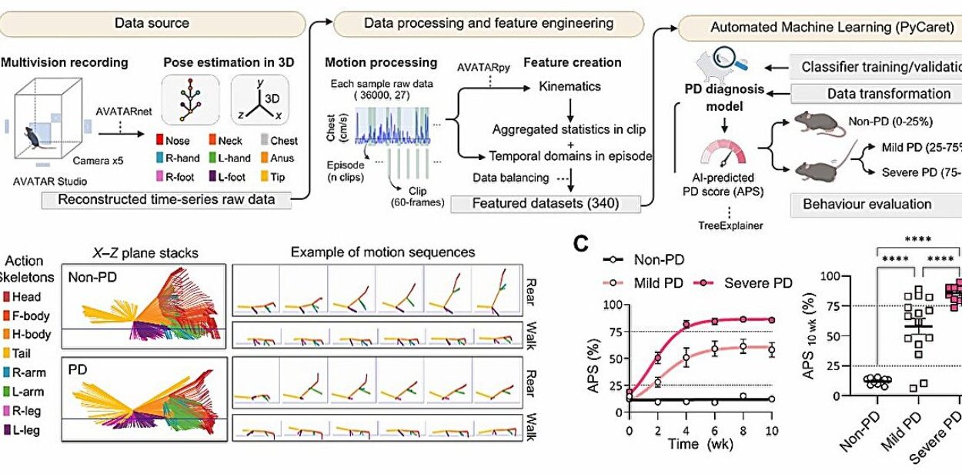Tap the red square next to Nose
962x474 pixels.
161,141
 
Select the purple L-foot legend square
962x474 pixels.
223,176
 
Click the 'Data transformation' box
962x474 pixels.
877,94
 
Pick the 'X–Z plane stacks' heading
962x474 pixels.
146,252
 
